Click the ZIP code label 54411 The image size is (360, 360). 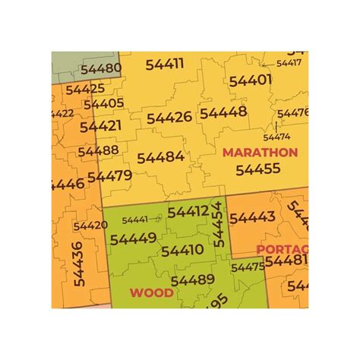coord(163,65)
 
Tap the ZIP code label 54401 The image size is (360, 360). coord(250,80)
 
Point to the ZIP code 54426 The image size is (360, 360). coord(169,118)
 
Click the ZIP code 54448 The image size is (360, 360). coord(223,112)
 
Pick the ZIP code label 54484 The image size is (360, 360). coord(160,157)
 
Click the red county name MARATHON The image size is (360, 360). coord(260,152)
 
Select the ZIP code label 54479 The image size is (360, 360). coord(109,176)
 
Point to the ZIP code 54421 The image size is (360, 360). coord(100,125)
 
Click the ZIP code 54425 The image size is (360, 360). coord(85,89)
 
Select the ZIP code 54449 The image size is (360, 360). coord(133,238)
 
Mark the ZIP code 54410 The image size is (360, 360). coord(182,250)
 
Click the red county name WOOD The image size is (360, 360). coord(151,292)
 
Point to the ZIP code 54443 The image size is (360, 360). coord(252,218)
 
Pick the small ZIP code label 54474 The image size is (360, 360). coord(276,137)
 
